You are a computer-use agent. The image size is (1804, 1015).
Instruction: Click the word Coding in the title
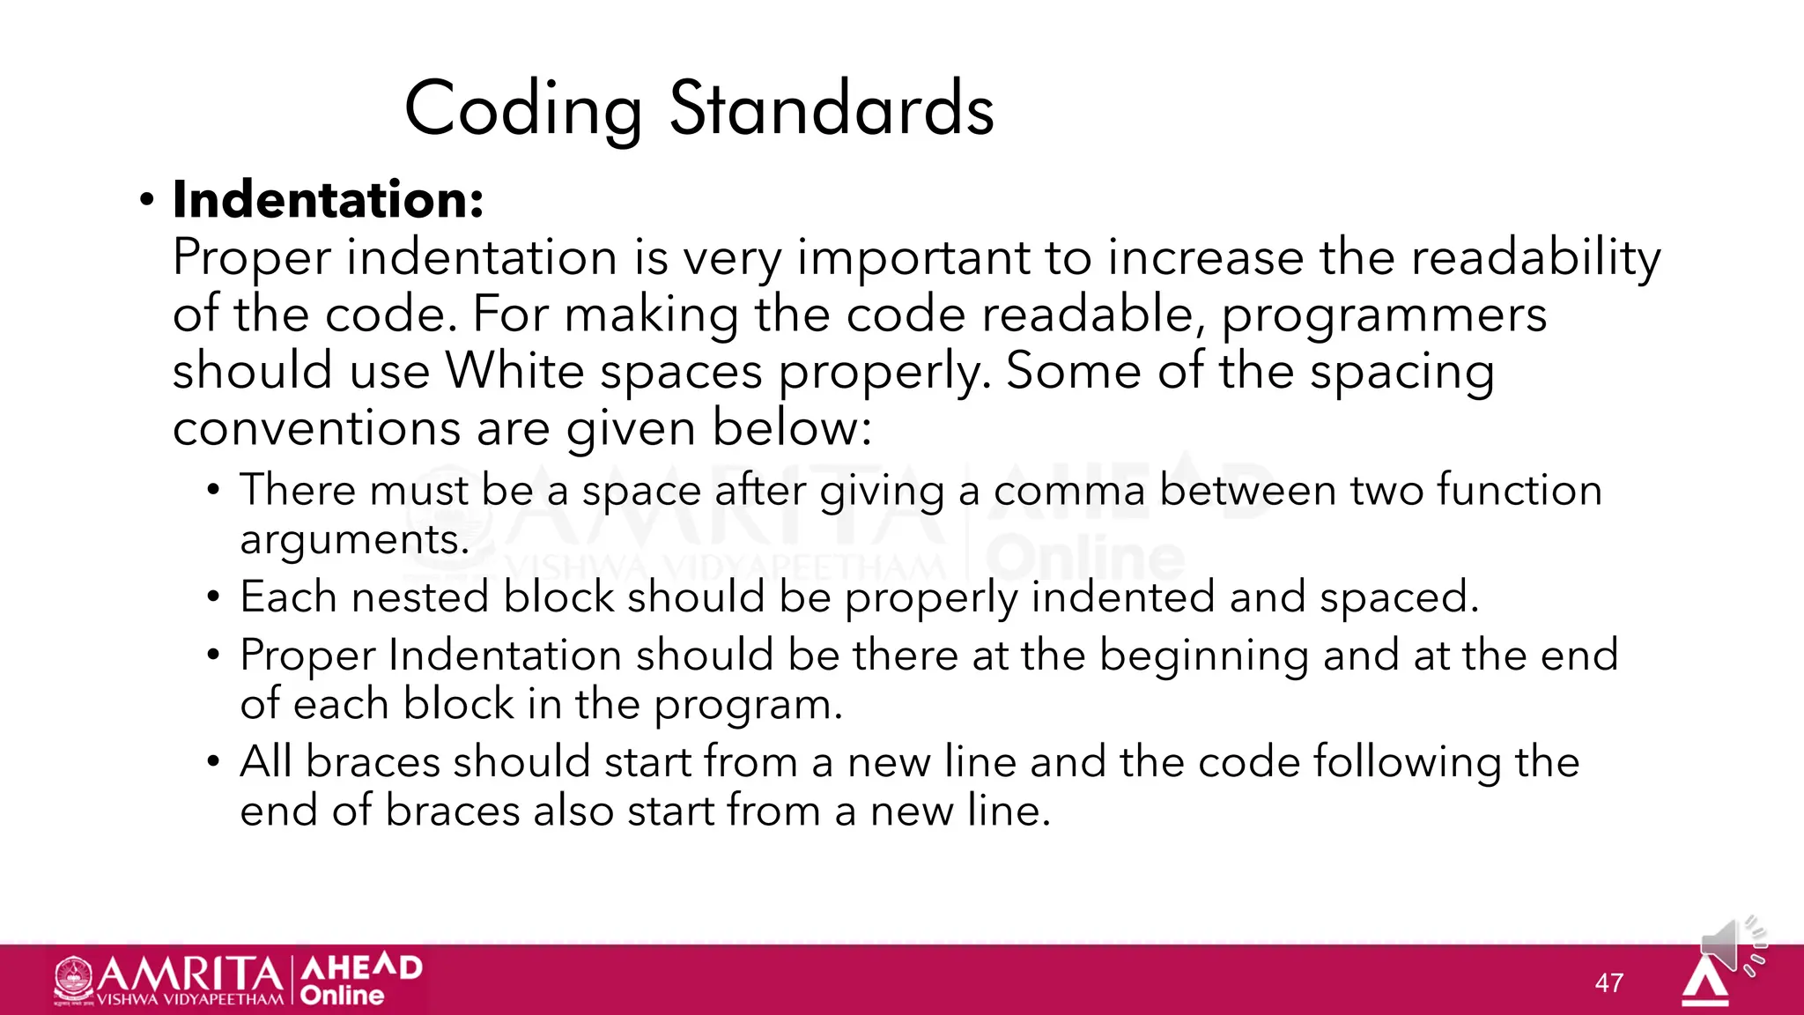coord(523,109)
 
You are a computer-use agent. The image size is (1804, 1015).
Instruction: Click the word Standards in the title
coord(832,109)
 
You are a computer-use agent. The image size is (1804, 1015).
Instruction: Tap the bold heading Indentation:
coord(328,199)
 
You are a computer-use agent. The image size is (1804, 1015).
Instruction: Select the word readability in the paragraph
coord(1535,257)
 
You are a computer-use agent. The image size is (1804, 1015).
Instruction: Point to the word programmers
coord(1383,315)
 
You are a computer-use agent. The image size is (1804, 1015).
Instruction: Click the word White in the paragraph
coord(515,371)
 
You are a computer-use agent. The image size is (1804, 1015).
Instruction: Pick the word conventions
coord(316,428)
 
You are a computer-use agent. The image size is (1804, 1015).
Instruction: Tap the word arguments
coord(354,539)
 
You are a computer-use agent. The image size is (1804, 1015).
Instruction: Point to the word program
coord(748,705)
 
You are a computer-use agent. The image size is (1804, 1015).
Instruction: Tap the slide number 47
coord(1609,982)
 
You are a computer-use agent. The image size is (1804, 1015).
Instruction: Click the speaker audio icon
coord(1732,945)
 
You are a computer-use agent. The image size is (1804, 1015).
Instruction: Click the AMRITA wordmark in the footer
coord(189,974)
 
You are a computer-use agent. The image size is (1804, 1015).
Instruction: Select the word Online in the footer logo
coord(342,996)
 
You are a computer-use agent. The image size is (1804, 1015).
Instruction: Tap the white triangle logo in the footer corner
coord(1705,982)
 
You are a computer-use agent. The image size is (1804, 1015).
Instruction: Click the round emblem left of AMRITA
coord(73,978)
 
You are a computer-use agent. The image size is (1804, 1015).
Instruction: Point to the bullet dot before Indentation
coord(146,201)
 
